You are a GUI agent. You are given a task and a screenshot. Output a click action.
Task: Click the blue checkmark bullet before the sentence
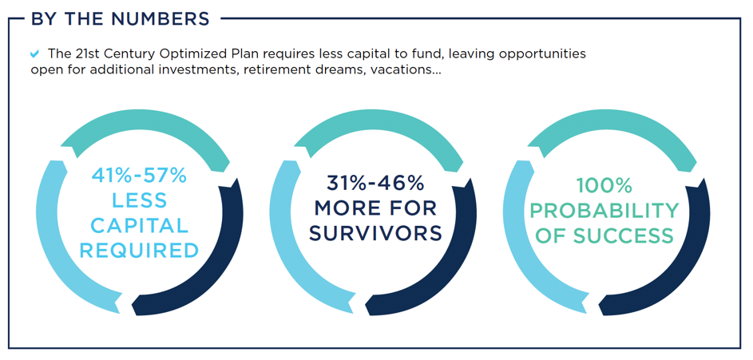click(34, 53)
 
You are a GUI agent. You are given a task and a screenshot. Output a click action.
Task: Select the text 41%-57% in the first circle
click(139, 176)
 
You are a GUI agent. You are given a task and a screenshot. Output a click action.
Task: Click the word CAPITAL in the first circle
click(139, 226)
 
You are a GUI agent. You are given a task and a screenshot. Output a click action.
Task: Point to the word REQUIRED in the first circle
click(139, 251)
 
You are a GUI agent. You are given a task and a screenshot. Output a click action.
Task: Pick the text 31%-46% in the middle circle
click(375, 183)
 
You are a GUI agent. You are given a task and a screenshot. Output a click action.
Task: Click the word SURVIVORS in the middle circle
click(375, 233)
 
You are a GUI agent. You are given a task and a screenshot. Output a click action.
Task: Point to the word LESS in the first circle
click(139, 200)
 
